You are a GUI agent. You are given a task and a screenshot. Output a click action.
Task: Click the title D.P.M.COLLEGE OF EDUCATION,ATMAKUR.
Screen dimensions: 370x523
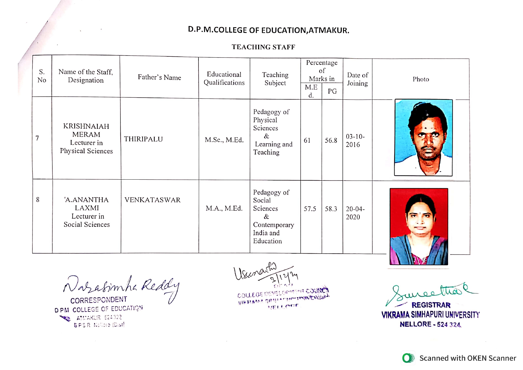[x=268, y=30]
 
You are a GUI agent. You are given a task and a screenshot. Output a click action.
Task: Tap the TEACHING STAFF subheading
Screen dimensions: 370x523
[x=263, y=47]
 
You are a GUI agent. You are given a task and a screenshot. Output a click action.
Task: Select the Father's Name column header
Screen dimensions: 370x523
[x=159, y=78]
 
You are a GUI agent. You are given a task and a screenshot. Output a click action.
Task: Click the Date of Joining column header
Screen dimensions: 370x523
[x=357, y=79]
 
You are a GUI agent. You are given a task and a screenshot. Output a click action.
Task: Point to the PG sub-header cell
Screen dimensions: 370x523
[x=332, y=91]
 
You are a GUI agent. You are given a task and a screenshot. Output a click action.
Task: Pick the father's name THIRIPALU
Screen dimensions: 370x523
[x=143, y=139]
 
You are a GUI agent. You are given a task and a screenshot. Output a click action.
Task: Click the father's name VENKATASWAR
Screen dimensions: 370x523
[x=152, y=200]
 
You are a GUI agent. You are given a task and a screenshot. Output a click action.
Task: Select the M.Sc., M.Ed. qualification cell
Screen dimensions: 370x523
[x=224, y=140]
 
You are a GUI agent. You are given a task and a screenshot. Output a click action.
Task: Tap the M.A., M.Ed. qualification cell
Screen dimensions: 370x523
[x=224, y=208]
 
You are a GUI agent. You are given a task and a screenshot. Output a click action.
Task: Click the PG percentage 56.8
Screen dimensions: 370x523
[x=331, y=141]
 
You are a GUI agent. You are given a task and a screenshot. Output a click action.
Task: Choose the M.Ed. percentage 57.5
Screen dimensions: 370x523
[x=310, y=209]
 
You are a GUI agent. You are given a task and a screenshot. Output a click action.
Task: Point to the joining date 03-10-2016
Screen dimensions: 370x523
[x=355, y=141]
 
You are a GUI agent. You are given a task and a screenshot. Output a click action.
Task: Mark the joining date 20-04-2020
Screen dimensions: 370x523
[x=355, y=213]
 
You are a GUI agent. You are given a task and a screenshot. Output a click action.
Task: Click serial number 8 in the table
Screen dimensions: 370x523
[x=38, y=200]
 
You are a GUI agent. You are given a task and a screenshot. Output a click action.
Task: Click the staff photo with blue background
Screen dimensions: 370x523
[x=423, y=138]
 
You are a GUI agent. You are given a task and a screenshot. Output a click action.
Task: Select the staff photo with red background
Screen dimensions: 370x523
[x=419, y=226]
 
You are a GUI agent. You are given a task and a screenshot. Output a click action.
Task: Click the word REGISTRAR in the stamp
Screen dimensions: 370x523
[x=431, y=305]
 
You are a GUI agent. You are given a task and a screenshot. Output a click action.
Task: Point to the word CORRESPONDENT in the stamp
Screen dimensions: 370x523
[x=99, y=300]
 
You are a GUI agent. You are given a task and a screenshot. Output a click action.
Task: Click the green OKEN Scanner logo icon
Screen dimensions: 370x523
[x=408, y=358]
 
